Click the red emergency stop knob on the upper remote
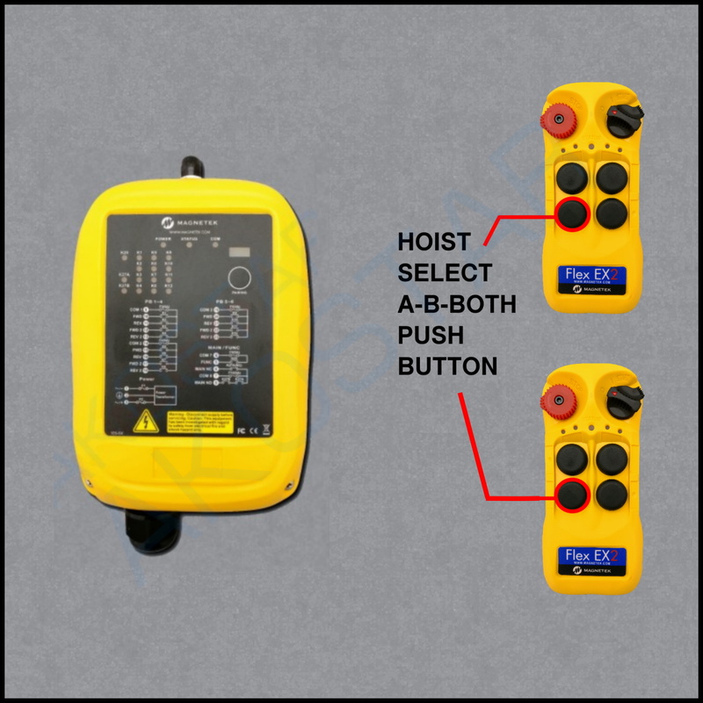[x=558, y=118]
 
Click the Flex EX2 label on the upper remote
[x=591, y=279]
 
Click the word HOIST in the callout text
[x=434, y=241]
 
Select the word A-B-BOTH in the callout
[x=457, y=304]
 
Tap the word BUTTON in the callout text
[x=448, y=366]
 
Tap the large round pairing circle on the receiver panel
[x=238, y=279]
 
